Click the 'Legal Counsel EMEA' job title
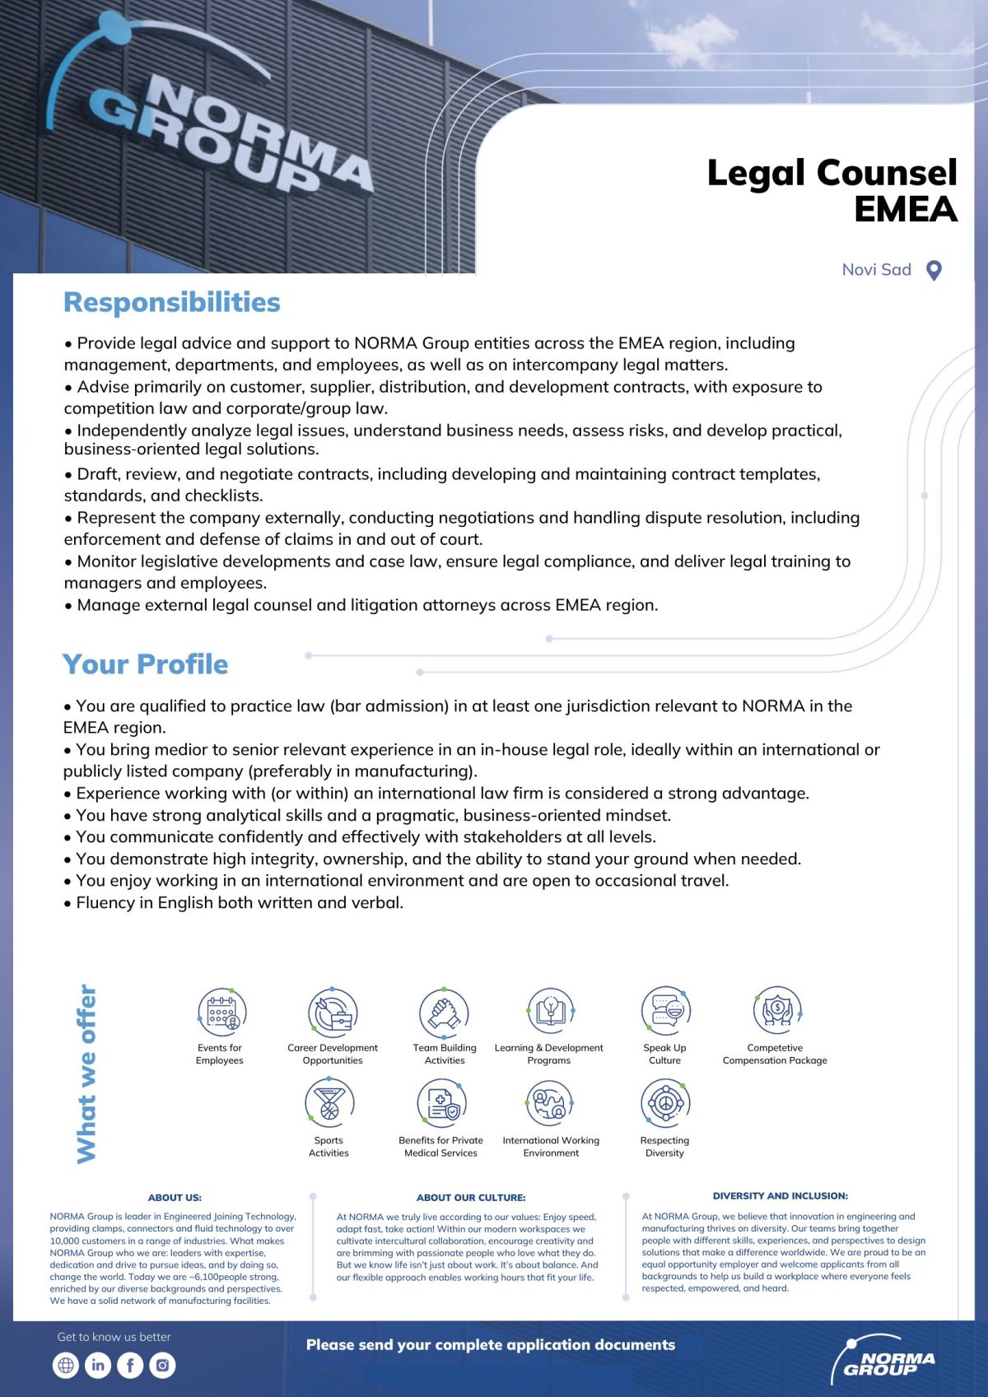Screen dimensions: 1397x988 point(832,190)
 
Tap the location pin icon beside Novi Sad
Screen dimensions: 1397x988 point(934,270)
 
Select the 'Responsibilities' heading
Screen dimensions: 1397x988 point(172,302)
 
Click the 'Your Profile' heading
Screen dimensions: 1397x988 point(145,664)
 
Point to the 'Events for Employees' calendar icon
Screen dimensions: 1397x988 point(221,1012)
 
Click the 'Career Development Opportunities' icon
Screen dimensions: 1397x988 point(333,1012)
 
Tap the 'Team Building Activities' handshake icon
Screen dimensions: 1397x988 point(444,1012)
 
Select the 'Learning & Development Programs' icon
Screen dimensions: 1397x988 point(549,1012)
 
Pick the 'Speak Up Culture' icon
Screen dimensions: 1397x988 point(665,1012)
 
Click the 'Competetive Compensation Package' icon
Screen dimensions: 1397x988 point(776,1010)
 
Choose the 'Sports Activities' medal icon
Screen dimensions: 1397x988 point(329,1103)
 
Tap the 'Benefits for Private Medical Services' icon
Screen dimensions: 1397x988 point(441,1103)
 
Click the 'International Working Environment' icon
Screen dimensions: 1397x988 point(550,1103)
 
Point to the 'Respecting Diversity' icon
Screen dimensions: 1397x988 point(665,1103)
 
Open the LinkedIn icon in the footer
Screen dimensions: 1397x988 point(97,1365)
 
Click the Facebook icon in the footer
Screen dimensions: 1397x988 point(130,1365)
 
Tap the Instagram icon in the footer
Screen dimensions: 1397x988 point(163,1365)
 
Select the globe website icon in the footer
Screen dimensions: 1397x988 point(65,1365)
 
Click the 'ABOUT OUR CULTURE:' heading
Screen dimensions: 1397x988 point(471,1198)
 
